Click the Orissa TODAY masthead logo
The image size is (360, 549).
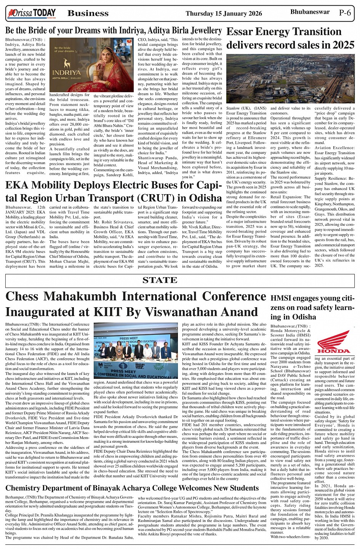click(x=32, y=14)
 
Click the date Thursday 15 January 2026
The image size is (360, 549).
click(x=224, y=14)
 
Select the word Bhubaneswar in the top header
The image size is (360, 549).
click(x=310, y=12)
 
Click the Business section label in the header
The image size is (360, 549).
click(x=88, y=14)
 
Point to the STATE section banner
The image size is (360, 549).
click(x=160, y=280)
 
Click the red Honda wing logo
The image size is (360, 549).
click(x=334, y=342)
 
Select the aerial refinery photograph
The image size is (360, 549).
click(x=290, y=78)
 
